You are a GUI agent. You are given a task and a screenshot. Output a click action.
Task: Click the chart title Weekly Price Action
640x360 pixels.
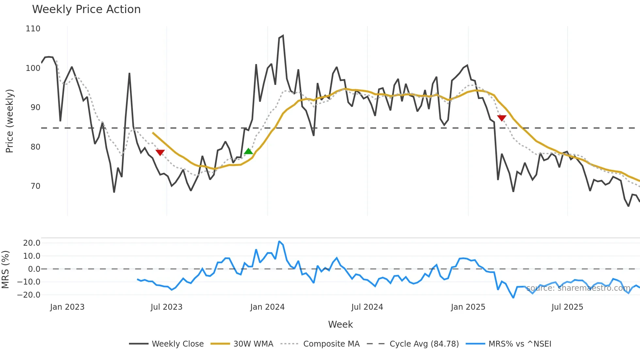click(86, 9)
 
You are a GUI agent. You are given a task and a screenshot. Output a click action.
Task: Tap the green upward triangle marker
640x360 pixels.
click(248, 151)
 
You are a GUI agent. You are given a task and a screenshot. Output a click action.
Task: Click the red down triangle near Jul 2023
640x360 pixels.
click(160, 153)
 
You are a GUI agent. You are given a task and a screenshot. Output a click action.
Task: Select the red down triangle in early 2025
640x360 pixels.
click(502, 118)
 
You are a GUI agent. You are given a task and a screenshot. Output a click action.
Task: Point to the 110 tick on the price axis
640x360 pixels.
click(33, 29)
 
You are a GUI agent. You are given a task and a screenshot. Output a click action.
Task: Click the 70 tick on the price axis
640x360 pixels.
click(35, 186)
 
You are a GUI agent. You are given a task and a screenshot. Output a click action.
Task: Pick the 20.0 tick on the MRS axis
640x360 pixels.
click(32, 243)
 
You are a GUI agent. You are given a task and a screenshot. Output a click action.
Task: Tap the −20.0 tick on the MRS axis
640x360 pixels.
click(29, 295)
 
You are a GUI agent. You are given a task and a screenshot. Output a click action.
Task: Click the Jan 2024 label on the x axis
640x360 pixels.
click(267, 307)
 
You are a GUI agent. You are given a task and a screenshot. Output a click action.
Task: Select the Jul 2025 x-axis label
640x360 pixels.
click(567, 307)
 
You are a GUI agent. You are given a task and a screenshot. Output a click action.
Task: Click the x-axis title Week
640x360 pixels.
click(340, 324)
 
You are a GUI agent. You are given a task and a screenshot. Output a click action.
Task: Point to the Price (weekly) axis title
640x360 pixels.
click(9, 121)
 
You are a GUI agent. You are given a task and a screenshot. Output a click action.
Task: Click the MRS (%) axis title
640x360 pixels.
click(6, 270)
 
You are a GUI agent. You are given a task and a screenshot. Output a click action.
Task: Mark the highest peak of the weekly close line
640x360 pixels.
click(283, 36)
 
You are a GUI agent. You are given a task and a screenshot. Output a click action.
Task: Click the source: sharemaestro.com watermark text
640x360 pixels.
click(578, 288)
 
